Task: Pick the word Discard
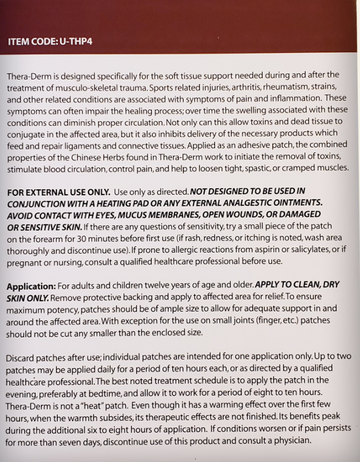(23, 357)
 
